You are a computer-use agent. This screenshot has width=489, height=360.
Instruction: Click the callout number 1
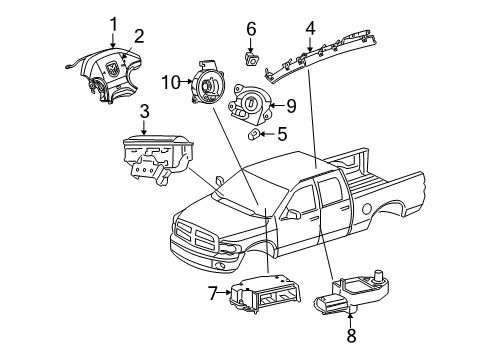coord(113,22)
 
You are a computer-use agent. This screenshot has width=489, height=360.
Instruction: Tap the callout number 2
coord(140,36)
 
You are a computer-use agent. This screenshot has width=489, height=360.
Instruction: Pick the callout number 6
coord(251,30)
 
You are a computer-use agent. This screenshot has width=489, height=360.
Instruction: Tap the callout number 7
coord(213,293)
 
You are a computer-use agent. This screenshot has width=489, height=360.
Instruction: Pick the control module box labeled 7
coord(263,297)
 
